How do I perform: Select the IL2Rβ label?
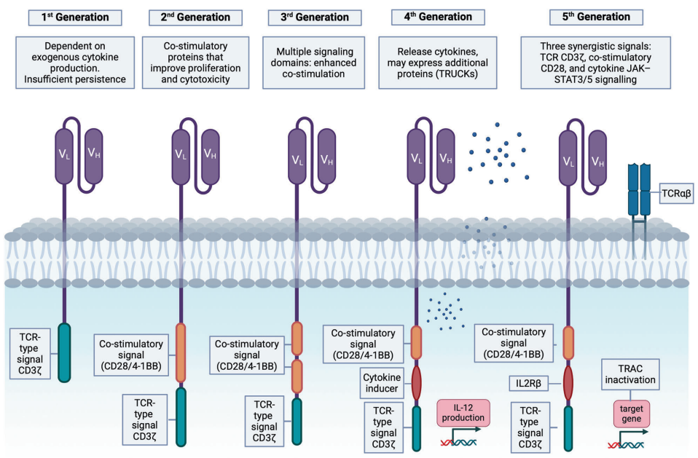click(525, 382)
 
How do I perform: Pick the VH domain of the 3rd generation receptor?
click(326, 157)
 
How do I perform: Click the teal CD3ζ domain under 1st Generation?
click(64, 352)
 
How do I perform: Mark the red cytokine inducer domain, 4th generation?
click(417, 384)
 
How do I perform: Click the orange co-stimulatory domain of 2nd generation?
click(181, 353)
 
